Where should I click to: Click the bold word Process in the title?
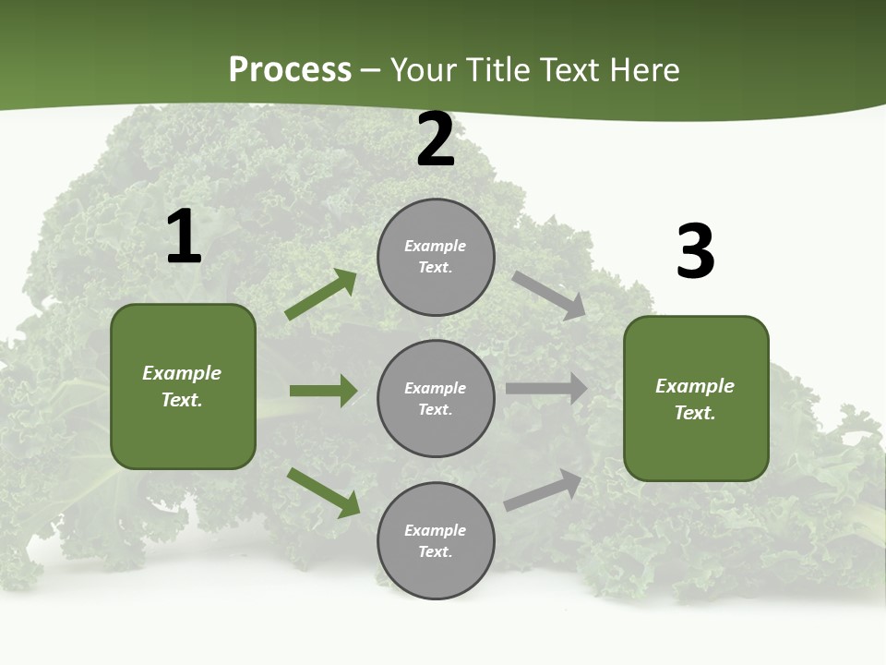point(290,69)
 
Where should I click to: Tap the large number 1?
point(184,237)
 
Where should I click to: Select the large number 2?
point(436,140)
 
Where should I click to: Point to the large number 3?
point(695,252)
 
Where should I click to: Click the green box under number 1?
point(183,386)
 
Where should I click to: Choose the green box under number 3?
point(696,398)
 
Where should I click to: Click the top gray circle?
point(436,257)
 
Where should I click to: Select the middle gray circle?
point(436,398)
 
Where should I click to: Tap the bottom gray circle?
point(436,540)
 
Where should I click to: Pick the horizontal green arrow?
point(323,391)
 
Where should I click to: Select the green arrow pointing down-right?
point(324,492)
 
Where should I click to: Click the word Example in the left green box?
point(182,373)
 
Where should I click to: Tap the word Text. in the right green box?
point(695,413)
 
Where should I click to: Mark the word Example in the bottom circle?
point(436,530)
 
